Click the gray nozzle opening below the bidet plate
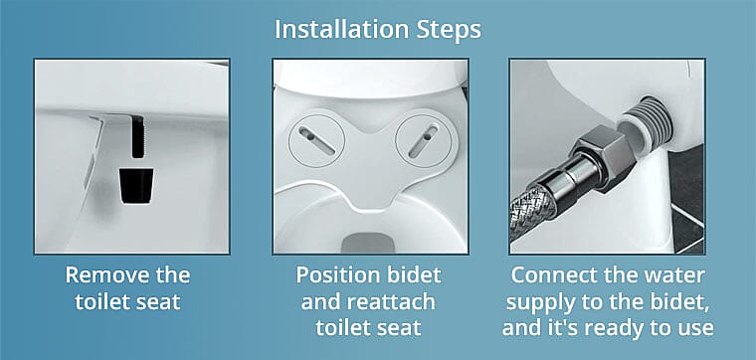pyautogui.click(x=367, y=241)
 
